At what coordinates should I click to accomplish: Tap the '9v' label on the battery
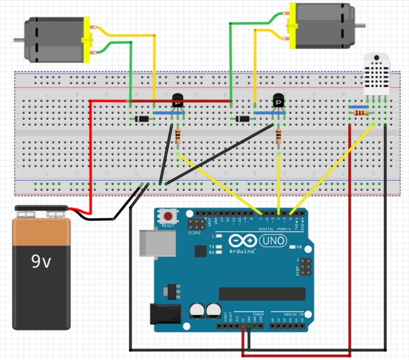(x=41, y=262)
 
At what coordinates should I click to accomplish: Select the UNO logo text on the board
(x=273, y=241)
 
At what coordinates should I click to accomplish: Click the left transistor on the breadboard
(x=178, y=101)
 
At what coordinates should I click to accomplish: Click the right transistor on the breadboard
(x=279, y=102)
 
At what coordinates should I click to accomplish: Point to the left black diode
(x=142, y=119)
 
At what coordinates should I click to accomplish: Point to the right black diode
(x=243, y=119)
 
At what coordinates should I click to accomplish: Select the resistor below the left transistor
(x=178, y=136)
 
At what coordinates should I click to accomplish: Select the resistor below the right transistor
(x=278, y=137)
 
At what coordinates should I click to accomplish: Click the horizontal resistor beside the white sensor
(x=362, y=113)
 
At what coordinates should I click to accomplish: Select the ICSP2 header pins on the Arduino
(x=195, y=224)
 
